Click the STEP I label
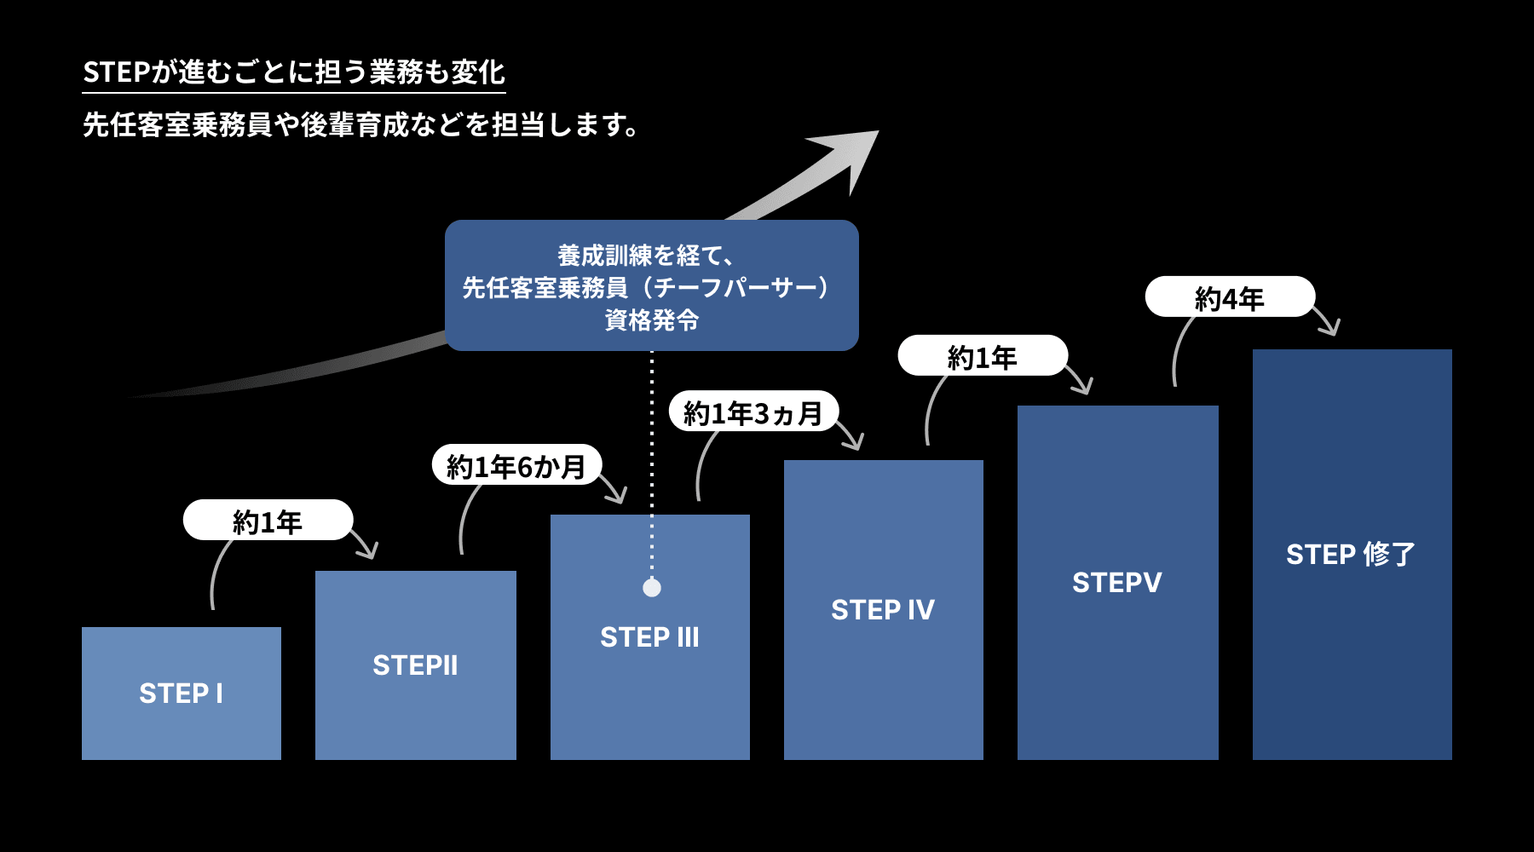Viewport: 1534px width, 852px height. (181, 694)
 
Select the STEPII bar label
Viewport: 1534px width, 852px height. (415, 665)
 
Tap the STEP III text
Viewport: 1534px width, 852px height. (649, 637)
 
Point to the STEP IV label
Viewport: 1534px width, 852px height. (883, 610)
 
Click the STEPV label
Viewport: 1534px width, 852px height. (1116, 583)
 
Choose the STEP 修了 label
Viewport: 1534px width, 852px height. (1351, 555)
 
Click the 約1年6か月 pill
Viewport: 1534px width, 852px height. (516, 466)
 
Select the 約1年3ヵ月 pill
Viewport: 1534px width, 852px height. (753, 413)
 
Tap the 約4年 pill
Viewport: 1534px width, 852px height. (1229, 298)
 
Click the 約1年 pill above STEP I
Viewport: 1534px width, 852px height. (268, 521)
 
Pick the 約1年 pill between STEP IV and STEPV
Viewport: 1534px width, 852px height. (982, 357)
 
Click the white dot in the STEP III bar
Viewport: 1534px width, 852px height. (652, 588)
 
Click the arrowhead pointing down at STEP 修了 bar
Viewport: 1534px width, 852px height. (1328, 325)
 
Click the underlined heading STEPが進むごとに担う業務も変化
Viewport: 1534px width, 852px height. (294, 72)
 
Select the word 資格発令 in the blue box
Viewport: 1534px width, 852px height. (652, 320)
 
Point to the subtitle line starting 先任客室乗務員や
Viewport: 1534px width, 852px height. (360, 125)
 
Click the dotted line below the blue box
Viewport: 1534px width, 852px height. (652, 460)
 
